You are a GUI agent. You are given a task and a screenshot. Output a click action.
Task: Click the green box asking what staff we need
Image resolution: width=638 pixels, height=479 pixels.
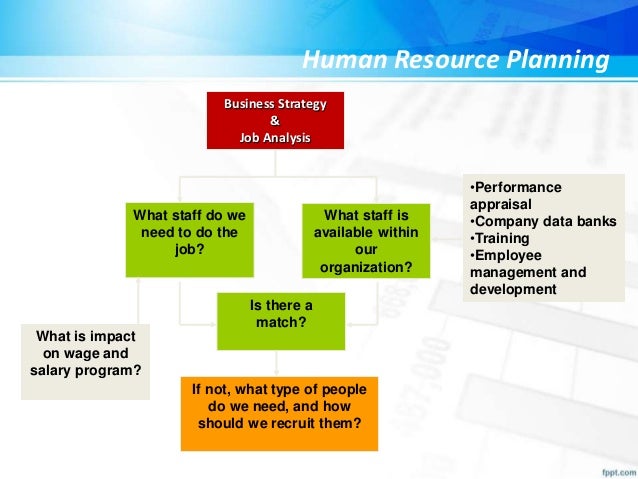coord(188,240)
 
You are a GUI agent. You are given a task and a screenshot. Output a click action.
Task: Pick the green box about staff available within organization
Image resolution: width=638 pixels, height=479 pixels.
coord(365,240)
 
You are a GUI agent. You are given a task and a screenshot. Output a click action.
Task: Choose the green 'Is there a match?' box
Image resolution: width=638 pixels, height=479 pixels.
coord(281,320)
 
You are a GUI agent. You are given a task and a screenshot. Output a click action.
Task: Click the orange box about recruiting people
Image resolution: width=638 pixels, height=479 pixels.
coord(280,413)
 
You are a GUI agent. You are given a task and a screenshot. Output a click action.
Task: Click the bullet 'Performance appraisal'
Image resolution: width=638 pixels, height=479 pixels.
coord(514,195)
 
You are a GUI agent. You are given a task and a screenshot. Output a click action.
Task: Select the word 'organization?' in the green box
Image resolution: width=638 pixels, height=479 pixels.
coord(365,267)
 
